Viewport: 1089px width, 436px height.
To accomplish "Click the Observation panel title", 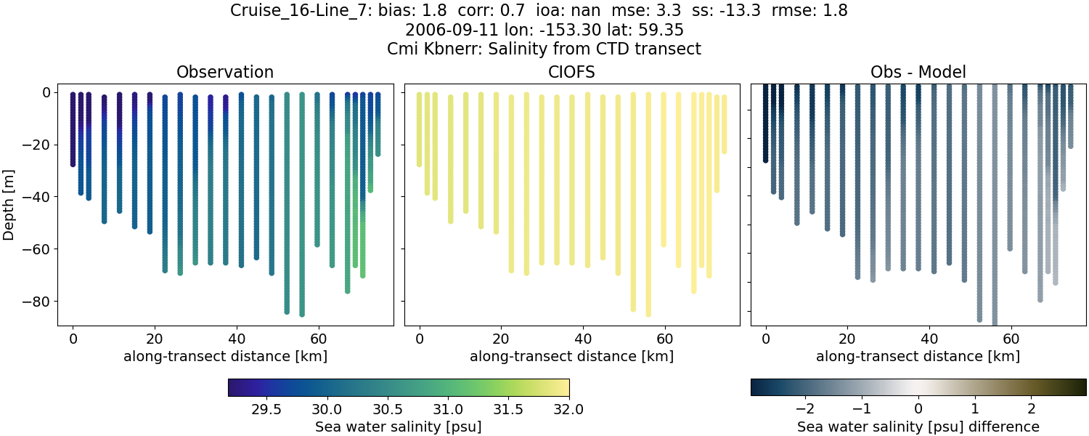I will pyautogui.click(x=225, y=72).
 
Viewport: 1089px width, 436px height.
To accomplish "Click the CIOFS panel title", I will pyautogui.click(x=571, y=72).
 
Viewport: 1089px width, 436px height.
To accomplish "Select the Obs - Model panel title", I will pyautogui.click(x=918, y=72).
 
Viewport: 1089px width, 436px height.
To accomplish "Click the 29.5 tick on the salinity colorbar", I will pyautogui.click(x=266, y=408).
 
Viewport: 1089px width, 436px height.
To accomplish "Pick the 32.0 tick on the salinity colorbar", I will pyautogui.click(x=568, y=408).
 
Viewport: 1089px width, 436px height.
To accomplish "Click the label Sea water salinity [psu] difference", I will pyautogui.click(x=918, y=427).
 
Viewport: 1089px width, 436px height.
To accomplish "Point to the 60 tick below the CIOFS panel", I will pyautogui.click(x=665, y=339).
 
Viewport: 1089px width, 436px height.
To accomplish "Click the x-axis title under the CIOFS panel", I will pyautogui.click(x=571, y=356).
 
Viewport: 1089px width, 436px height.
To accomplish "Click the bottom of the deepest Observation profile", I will pyautogui.click(x=301, y=314).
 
